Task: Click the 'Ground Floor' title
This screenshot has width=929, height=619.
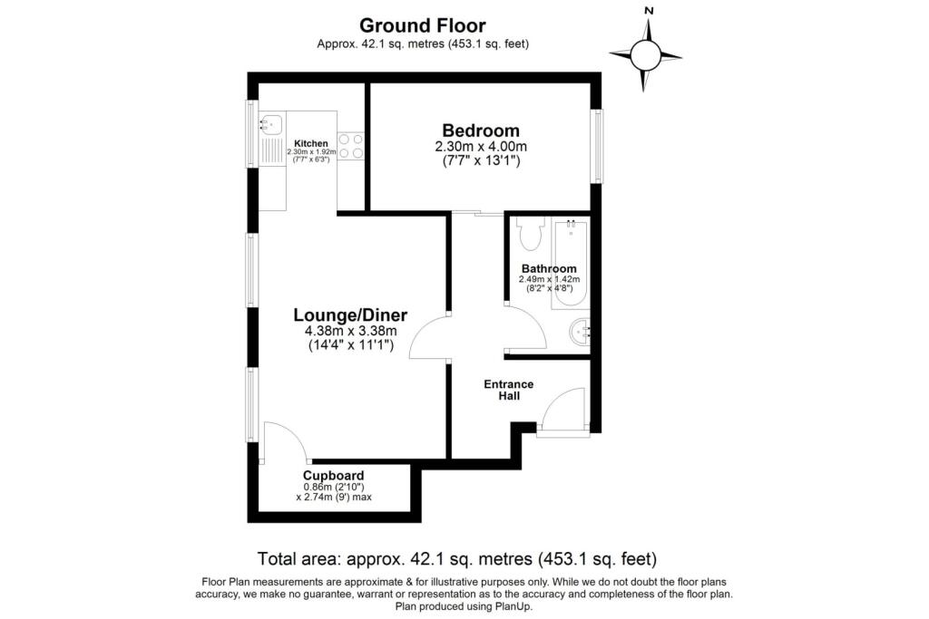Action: (x=423, y=25)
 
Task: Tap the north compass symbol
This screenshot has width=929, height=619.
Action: (x=646, y=54)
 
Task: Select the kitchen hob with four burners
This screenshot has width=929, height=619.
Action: (x=351, y=146)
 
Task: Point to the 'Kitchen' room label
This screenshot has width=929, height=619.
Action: (x=310, y=143)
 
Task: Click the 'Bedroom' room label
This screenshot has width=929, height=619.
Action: (x=481, y=130)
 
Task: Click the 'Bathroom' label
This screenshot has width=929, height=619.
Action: (x=549, y=268)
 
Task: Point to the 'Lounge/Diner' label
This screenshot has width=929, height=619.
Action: (x=350, y=315)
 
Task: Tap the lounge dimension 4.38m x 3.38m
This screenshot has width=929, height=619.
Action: (x=350, y=331)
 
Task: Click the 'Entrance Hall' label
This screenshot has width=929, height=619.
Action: (x=508, y=390)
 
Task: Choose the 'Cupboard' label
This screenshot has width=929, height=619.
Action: (x=334, y=475)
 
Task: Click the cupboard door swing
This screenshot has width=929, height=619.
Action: (x=285, y=442)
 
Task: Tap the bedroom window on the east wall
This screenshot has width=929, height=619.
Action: (x=596, y=146)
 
